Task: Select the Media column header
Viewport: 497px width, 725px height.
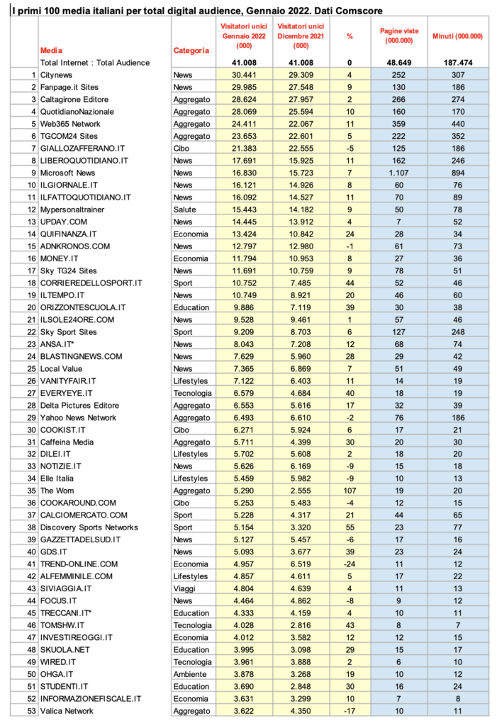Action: [x=51, y=50]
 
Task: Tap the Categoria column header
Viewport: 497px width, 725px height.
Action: [x=191, y=50]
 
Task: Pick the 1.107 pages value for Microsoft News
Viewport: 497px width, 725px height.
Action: [x=401, y=172]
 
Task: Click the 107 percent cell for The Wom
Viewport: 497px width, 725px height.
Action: [x=350, y=491]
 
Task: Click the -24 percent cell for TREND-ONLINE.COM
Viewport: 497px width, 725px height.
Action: [x=350, y=564]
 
